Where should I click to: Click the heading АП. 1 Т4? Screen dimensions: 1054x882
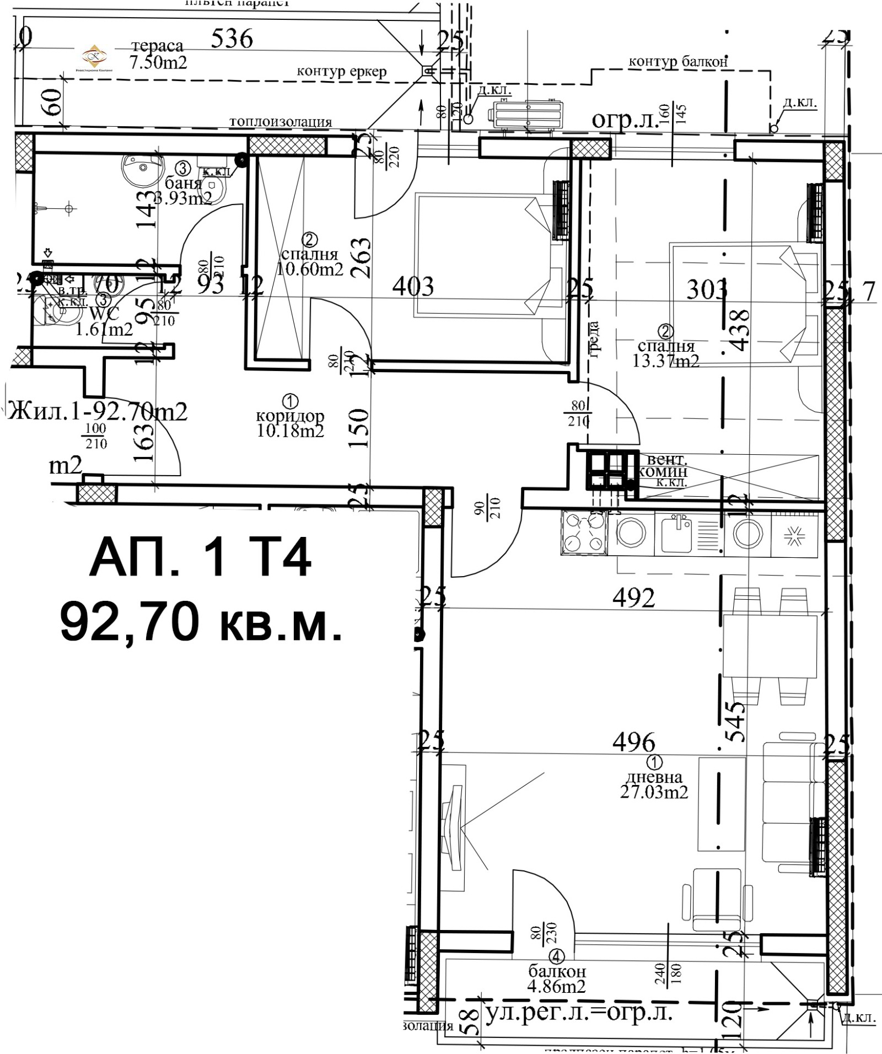click(x=200, y=558)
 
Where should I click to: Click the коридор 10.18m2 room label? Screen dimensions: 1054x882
click(x=290, y=423)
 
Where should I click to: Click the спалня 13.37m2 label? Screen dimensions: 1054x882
click(x=666, y=353)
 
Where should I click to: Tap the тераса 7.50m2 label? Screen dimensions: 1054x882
click(x=158, y=54)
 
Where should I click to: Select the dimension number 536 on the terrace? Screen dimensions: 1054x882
click(x=232, y=39)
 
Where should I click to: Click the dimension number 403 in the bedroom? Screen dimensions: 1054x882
click(x=413, y=286)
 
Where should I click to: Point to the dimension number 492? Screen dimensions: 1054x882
click(x=633, y=598)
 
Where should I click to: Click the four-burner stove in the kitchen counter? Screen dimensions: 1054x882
click(x=583, y=533)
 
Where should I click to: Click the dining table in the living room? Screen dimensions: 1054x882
click(x=770, y=647)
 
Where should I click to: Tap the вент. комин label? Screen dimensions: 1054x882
click(x=664, y=466)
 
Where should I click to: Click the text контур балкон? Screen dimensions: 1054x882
click(x=678, y=62)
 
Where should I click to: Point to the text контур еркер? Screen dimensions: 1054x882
click(x=342, y=71)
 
